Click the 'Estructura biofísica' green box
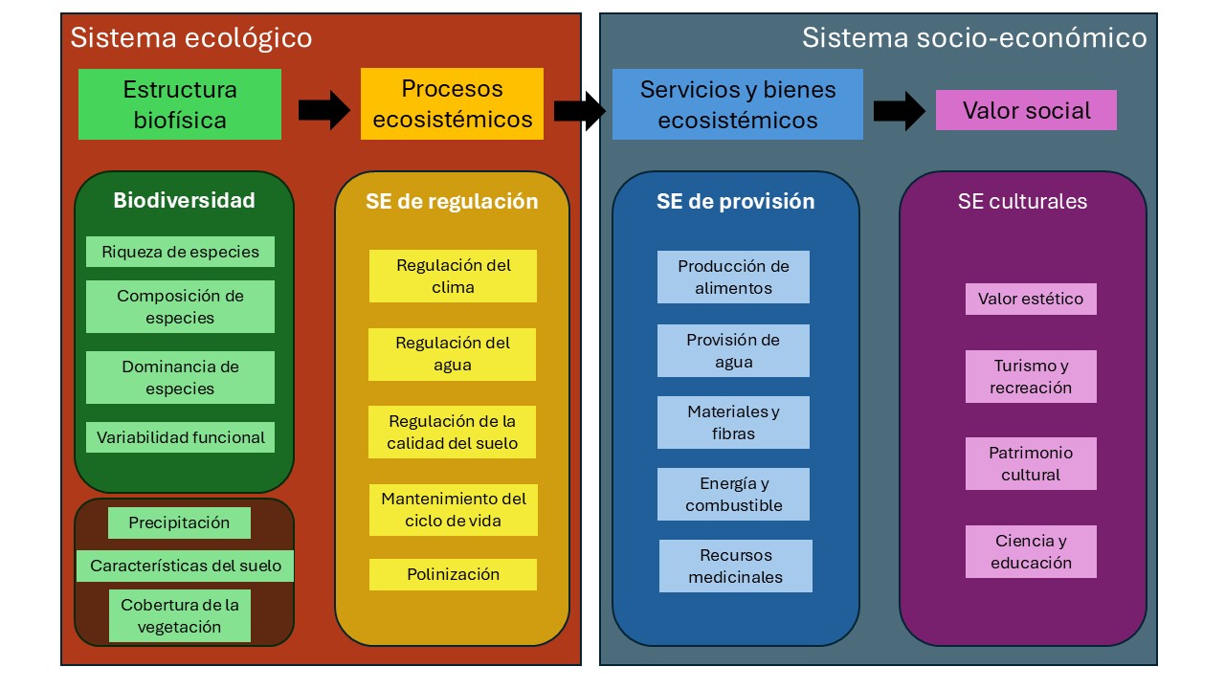pos(180,104)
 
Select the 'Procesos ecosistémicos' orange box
pos(452,103)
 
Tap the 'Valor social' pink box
pos(1026,110)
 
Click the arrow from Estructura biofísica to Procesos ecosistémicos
pos(324,111)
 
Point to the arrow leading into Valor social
pos(899,111)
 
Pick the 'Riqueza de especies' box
pos(180,252)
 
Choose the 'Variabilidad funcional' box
pos(180,437)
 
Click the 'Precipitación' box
pos(179,522)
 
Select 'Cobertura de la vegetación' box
pos(179,615)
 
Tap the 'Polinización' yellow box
pos(453,574)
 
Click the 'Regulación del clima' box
pos(453,276)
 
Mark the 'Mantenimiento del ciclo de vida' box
pos(453,509)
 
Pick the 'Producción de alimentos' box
pos(733,277)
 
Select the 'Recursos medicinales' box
pos(735,566)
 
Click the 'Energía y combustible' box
pos(733,494)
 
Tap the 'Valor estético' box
pos(1031,299)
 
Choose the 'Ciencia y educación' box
pos(1031,551)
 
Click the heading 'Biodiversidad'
pos(184,200)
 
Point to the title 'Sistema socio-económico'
pos(973,37)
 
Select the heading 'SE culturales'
pos(1022,201)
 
